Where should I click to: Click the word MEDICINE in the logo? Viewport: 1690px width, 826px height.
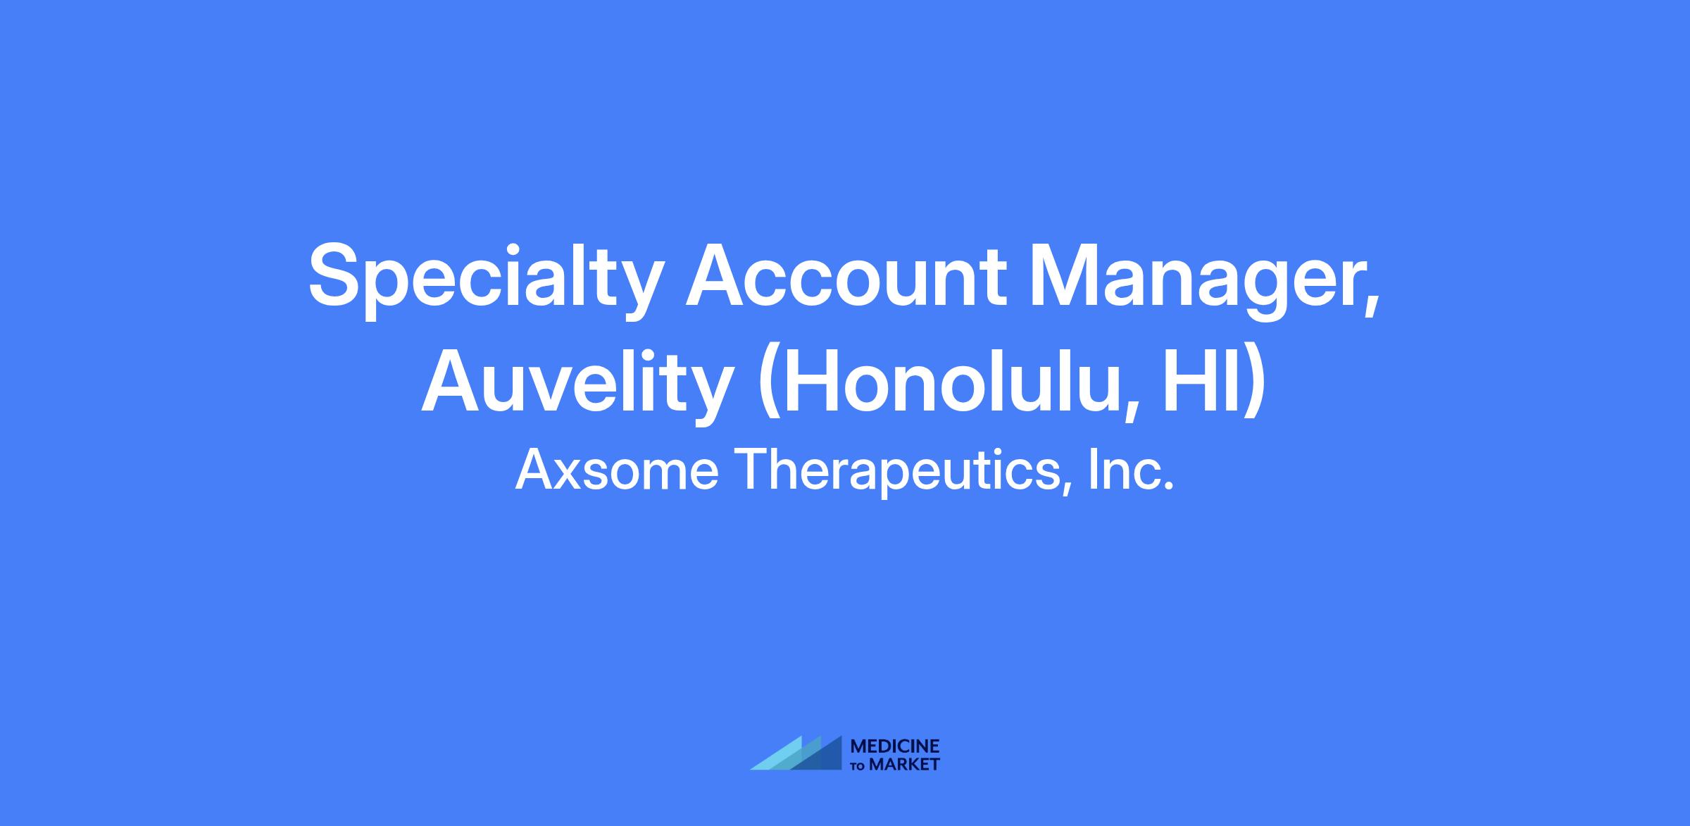(895, 746)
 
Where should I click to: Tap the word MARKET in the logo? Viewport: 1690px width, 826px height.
(904, 764)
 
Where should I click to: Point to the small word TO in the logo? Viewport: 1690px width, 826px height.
(858, 766)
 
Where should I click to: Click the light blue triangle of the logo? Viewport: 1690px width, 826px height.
(782, 756)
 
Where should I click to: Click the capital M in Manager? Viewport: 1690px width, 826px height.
(1066, 275)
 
